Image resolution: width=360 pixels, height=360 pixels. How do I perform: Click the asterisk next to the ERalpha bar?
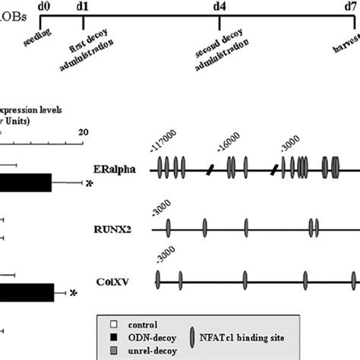89,184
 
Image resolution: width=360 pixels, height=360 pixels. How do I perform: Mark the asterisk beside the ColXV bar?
74,293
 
